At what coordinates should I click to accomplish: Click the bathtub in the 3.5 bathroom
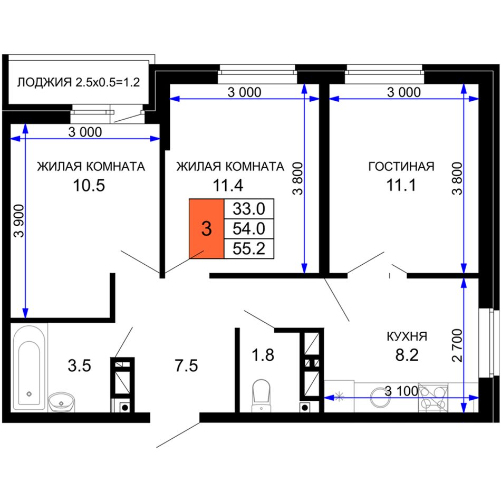tap(29, 368)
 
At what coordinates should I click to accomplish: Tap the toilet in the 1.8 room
tap(262, 395)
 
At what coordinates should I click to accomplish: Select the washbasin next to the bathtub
tap(61, 402)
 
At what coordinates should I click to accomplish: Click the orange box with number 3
tap(206, 228)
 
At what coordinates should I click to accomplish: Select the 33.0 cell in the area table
tap(249, 209)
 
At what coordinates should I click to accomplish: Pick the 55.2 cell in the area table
tap(249, 248)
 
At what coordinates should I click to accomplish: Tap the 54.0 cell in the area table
tap(249, 229)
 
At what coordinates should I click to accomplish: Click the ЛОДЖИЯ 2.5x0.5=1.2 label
tap(78, 82)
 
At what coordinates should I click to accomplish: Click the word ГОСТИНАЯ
tap(401, 167)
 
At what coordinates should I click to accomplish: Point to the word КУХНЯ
tap(407, 336)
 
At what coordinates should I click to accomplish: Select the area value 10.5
tap(89, 185)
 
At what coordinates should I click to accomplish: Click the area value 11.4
tap(228, 185)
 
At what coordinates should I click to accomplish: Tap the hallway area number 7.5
tap(186, 365)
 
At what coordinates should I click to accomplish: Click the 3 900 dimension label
tap(19, 221)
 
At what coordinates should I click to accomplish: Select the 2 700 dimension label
tap(457, 345)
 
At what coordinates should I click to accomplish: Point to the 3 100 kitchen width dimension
tap(401, 391)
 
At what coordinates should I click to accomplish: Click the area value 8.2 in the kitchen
tap(407, 355)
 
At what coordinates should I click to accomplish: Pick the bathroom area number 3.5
tap(79, 365)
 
